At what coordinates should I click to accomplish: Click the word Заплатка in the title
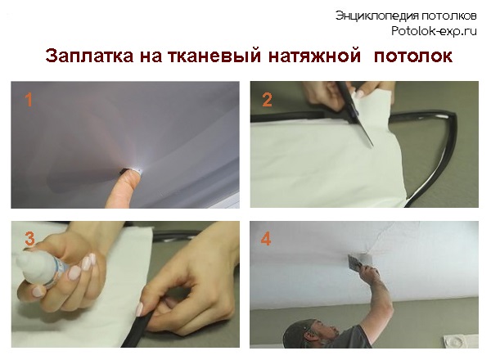(89, 56)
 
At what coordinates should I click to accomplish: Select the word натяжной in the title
(314, 56)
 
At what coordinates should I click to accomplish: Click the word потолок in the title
(413, 56)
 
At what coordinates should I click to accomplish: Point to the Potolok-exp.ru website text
(434, 31)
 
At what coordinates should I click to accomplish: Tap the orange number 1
(29, 100)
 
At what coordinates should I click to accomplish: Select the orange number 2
(267, 100)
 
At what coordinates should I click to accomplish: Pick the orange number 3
(29, 239)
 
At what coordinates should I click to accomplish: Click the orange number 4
(265, 239)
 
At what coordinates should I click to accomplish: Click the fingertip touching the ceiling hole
(131, 178)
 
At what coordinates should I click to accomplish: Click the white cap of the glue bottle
(30, 265)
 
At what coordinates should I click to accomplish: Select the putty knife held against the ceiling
(354, 263)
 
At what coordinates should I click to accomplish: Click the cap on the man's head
(298, 332)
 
